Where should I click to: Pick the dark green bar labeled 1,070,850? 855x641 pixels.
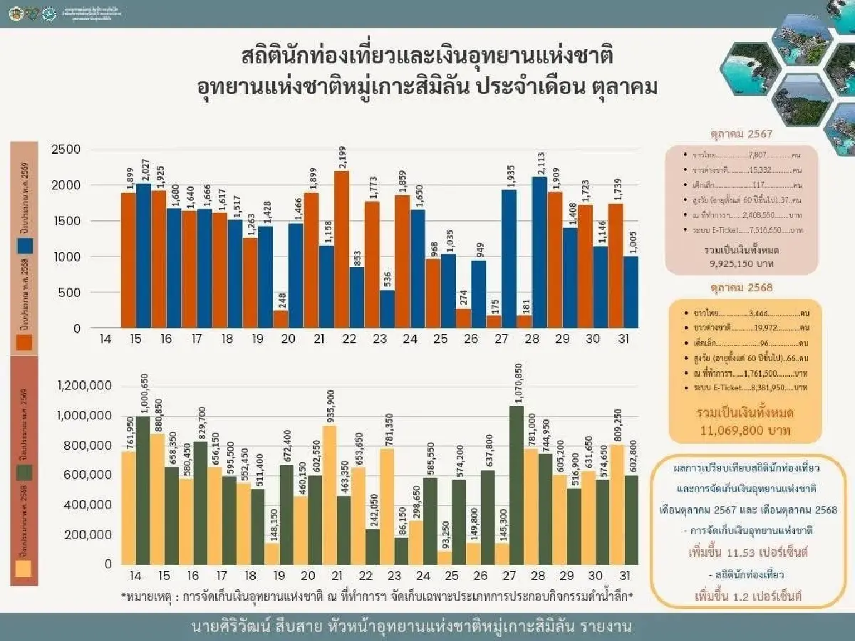pyautogui.click(x=517, y=484)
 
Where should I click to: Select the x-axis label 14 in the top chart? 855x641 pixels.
pyautogui.click(x=105, y=339)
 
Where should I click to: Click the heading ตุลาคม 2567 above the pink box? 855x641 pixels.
pyautogui.click(x=741, y=133)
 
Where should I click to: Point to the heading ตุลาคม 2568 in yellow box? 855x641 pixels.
pyautogui.click(x=741, y=289)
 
